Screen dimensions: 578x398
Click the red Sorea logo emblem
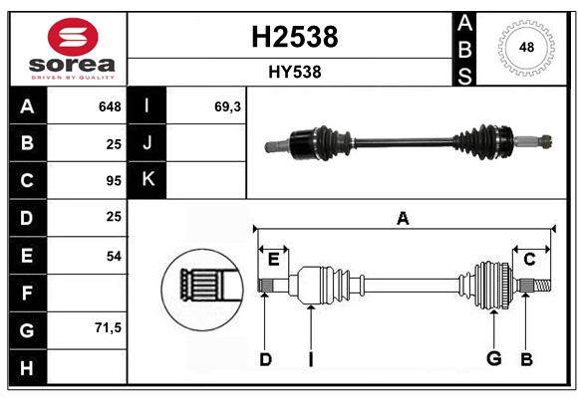[73, 37]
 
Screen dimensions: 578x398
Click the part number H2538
[295, 37]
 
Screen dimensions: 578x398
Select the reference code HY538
[295, 72]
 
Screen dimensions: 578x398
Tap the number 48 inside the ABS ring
[526, 47]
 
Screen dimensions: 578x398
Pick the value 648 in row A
[110, 106]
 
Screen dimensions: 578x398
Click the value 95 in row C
[114, 181]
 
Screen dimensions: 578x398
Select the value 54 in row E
[114, 256]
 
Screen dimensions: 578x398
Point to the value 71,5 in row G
[108, 327]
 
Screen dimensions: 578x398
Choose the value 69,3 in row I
[227, 106]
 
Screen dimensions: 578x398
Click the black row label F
[28, 293]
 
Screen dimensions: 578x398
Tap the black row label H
[28, 367]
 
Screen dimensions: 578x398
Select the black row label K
[147, 180]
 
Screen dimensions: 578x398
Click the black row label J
[147, 142]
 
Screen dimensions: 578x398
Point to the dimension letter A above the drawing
[403, 218]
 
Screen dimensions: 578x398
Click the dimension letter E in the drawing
[273, 260]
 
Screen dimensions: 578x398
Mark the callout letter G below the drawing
[494, 358]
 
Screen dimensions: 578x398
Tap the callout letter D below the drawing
[265, 359]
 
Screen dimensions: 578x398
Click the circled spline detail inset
[202, 290]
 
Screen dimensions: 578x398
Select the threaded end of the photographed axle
[545, 141]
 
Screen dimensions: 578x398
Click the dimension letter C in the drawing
[529, 260]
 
